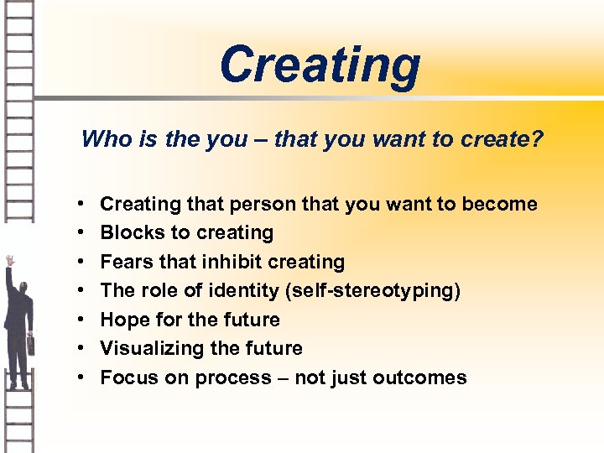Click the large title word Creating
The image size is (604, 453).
[x=320, y=65]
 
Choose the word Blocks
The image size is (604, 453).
[x=128, y=232]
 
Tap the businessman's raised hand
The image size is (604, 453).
[x=9, y=261]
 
